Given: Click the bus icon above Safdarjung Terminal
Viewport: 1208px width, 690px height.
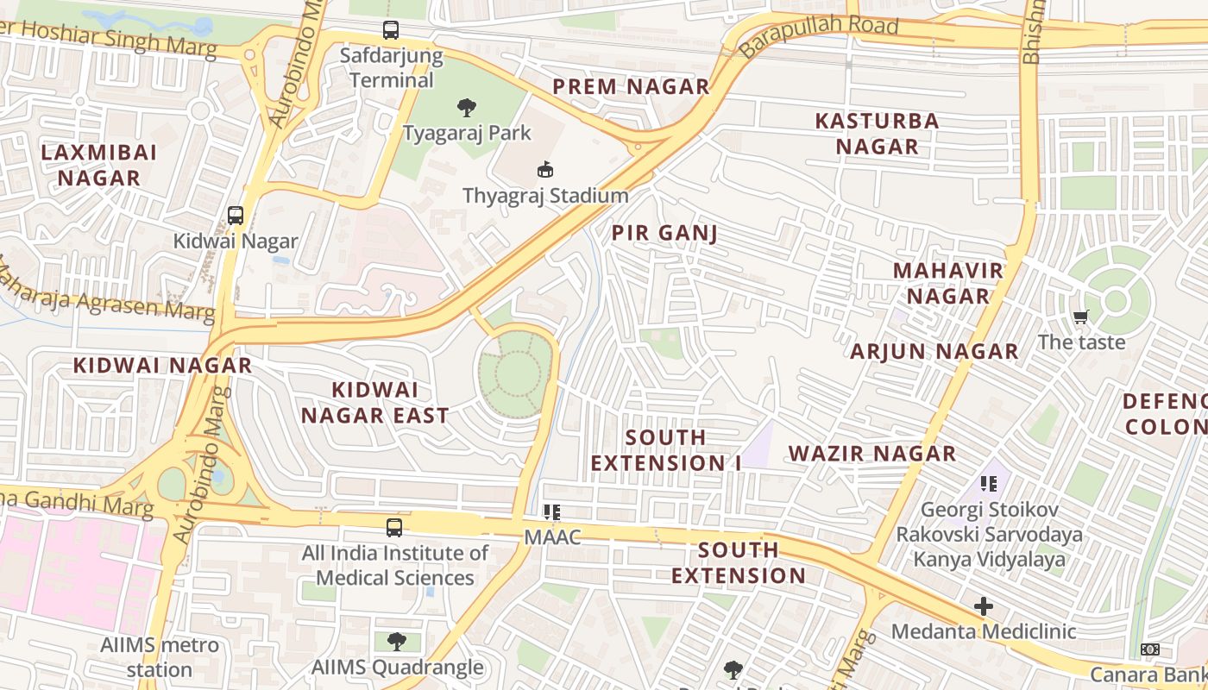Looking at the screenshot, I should [391, 30].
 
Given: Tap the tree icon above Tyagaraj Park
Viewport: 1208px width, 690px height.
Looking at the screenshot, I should [467, 108].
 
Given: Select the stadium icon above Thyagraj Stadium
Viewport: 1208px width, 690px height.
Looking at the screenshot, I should [545, 169].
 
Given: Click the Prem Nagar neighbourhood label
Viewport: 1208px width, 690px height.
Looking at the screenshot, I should [631, 86].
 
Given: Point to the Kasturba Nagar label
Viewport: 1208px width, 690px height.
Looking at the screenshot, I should [877, 133].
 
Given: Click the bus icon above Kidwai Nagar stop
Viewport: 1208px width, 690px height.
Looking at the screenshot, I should [236, 216].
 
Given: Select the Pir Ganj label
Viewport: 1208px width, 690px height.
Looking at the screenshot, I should [664, 233].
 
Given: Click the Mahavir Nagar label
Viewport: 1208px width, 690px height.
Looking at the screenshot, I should [947, 283].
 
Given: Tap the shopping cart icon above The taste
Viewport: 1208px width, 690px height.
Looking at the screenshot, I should [1081, 317].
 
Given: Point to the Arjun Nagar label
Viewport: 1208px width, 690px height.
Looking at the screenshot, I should [934, 351].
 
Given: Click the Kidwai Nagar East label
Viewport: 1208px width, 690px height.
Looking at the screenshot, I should [374, 402].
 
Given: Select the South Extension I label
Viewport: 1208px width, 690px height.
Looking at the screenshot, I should [665, 449].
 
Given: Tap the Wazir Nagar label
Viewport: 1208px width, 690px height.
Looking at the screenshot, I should [872, 453].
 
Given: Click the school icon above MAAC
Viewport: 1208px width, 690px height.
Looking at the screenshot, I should [552, 512].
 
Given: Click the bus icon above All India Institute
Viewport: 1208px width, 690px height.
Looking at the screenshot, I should [394, 527].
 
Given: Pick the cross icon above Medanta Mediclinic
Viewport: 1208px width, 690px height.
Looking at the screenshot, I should [983, 606].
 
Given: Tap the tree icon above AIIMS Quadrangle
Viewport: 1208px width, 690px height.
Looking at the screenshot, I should [397, 641].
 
